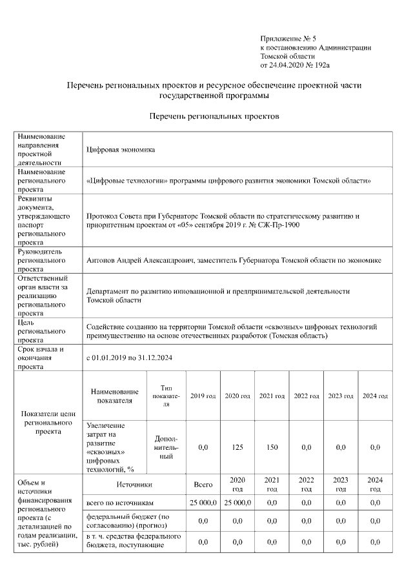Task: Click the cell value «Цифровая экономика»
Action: (121, 150)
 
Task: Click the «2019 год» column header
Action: (203, 396)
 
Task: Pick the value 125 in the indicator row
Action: (237, 447)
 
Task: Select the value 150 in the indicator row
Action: (272, 447)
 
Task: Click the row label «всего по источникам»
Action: (120, 503)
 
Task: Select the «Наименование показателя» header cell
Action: (115, 396)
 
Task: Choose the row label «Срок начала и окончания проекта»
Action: (41, 357)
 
